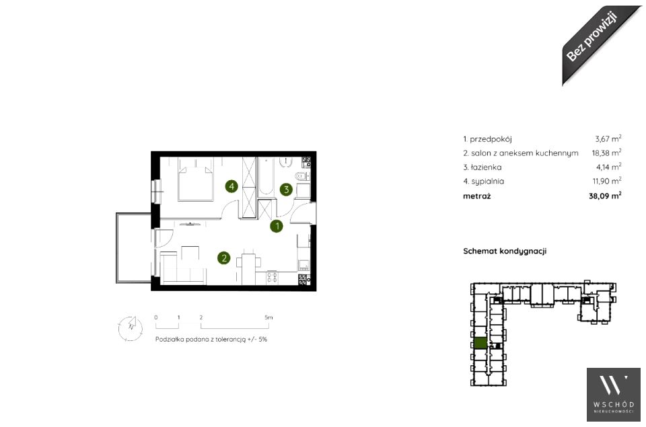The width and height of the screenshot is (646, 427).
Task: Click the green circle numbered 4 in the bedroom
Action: click(231, 186)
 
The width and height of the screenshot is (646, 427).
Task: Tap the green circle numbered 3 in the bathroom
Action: click(286, 190)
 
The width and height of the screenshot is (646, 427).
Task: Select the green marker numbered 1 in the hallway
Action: click(277, 226)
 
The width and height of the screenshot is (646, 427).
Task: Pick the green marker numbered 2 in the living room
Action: click(223, 258)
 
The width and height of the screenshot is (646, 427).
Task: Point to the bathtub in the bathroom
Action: click(266, 176)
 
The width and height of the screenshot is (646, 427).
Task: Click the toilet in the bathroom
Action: click(301, 176)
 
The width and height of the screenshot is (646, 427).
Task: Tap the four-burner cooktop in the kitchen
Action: click(272, 277)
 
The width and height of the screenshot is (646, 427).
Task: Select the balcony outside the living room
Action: click(134, 247)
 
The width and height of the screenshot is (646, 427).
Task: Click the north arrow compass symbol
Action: click(131, 328)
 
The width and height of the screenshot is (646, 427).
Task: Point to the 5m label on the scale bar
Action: click(268, 317)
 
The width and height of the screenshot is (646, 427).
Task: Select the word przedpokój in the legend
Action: click(491, 139)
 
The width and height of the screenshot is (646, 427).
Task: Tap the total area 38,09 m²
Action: click(605, 196)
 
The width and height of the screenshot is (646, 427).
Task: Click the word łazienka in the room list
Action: click(486, 167)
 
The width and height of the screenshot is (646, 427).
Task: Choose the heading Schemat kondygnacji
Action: click(505, 251)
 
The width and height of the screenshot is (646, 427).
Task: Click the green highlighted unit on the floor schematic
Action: click(480, 343)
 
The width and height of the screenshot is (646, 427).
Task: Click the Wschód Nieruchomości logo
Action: click(614, 395)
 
